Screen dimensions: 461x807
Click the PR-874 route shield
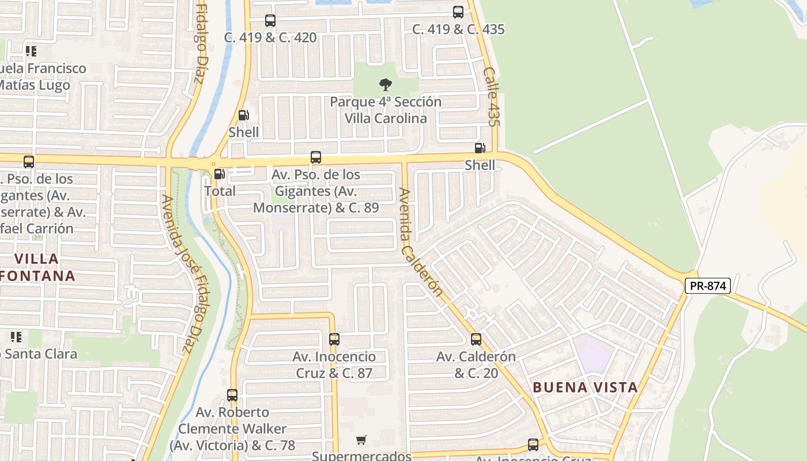[708, 285]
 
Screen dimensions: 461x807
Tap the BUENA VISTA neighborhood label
[585, 387]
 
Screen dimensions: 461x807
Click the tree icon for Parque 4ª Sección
[386, 85]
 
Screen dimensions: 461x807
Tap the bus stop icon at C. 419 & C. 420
[270, 21]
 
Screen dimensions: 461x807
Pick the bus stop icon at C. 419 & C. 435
[458, 12]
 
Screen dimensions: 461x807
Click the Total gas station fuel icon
[220, 174]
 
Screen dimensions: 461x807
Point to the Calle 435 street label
[491, 97]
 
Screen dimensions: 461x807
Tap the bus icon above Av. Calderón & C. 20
[476, 339]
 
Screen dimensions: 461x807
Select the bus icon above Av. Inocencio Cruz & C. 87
[334, 339]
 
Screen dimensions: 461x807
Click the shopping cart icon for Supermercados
[361, 440]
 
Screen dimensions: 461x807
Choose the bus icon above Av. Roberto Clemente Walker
[232, 395]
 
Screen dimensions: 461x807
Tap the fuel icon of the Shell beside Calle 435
[480, 148]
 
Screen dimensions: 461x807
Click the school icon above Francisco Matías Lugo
[31, 51]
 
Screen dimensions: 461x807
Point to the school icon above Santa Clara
[16, 337]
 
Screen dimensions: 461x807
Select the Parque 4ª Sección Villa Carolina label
[386, 110]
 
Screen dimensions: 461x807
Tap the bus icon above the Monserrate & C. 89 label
[316, 157]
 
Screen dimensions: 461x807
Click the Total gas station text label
[220, 191]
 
